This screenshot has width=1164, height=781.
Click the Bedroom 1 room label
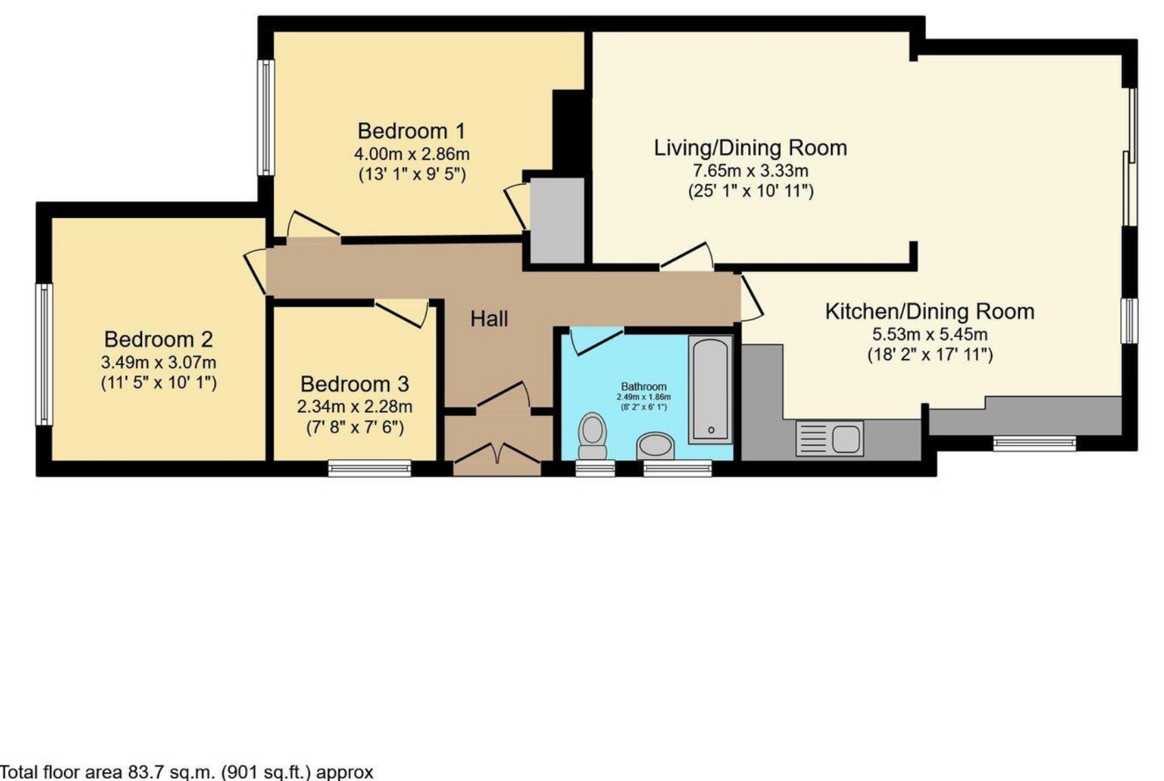click(411, 130)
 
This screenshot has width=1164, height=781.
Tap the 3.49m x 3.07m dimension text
click(159, 362)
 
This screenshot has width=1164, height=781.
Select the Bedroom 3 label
click(354, 384)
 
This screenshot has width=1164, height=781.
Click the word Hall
click(489, 318)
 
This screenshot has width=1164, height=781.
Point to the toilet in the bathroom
click(592, 436)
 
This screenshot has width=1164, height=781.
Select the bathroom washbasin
click(655, 445)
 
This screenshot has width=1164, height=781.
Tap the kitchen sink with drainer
click(830, 439)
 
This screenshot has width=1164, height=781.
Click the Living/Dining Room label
click(750, 148)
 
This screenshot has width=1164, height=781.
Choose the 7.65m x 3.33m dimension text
click(750, 170)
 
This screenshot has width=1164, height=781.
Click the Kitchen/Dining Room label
click(929, 311)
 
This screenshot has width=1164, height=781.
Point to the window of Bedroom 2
click(44, 354)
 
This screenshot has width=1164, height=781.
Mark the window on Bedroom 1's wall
click(266, 117)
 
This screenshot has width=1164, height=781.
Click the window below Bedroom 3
click(369, 468)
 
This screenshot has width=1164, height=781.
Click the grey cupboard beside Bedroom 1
click(557, 220)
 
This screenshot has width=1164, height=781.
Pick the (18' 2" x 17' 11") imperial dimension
click(929, 355)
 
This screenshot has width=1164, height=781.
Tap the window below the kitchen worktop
click(1034, 444)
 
